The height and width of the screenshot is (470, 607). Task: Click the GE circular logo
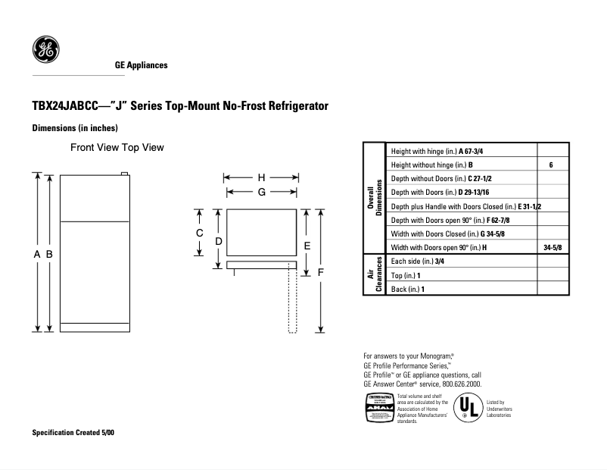(45, 50)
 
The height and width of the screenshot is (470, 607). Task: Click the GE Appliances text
(141, 65)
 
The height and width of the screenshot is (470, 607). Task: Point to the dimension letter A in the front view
(37, 255)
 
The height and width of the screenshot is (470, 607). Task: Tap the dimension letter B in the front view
(49, 255)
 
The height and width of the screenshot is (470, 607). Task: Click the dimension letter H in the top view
(261, 177)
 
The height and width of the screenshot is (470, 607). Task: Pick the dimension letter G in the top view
(261, 193)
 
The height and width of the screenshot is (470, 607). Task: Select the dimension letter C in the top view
(200, 233)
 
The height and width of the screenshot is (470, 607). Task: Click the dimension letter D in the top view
(218, 241)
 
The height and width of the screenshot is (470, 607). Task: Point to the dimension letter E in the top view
(307, 246)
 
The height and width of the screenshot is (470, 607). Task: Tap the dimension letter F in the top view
(321, 271)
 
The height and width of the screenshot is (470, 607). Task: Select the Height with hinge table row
(462, 151)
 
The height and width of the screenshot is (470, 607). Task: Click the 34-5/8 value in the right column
(553, 248)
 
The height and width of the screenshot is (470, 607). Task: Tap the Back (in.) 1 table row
(462, 289)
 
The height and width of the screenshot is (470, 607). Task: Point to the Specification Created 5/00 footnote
(73, 432)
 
